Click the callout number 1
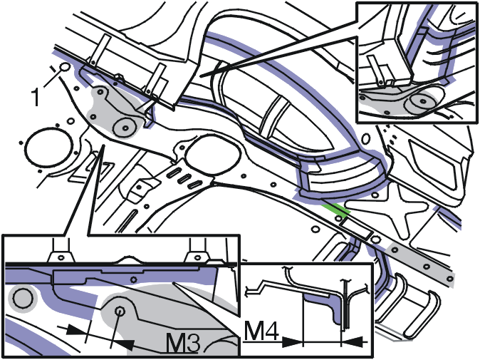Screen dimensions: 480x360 (x=36, y=97)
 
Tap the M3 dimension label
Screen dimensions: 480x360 (x=183, y=342)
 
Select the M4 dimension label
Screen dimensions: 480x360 (x=261, y=331)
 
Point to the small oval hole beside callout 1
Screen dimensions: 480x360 (x=65, y=67)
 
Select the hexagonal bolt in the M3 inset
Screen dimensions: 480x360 (x=120, y=312)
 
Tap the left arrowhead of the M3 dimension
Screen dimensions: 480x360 (x=75, y=329)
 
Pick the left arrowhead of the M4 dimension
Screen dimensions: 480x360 (x=292, y=341)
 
